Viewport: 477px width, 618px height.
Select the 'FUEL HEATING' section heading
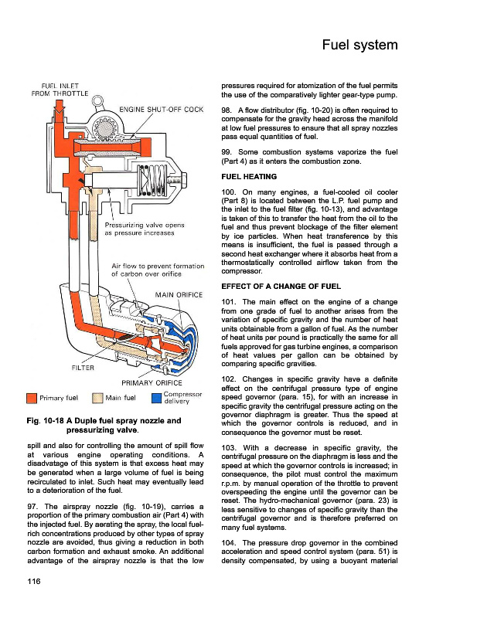(x=250, y=177)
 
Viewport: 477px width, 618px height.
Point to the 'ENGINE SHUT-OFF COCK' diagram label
(x=161, y=110)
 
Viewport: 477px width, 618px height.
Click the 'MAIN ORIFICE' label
(x=180, y=294)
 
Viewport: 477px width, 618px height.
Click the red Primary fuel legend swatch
(x=32, y=399)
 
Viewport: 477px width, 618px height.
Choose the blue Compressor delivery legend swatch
(x=156, y=399)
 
